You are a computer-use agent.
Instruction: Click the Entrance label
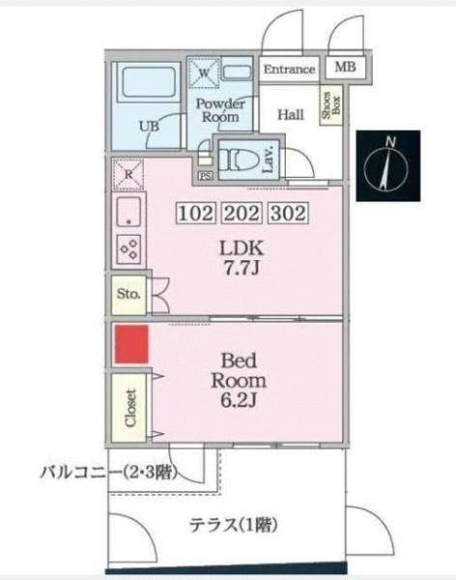point(289,70)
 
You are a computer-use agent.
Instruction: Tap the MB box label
point(343,69)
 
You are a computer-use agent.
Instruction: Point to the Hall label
point(291,114)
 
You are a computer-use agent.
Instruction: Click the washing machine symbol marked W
point(205,71)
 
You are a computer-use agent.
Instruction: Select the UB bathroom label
point(149,125)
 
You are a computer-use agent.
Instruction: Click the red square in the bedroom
point(130,345)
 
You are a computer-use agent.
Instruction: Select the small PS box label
point(205,176)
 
